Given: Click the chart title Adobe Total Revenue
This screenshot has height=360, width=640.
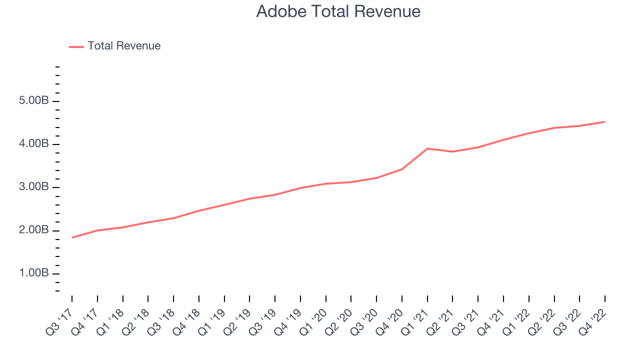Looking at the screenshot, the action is point(338,11).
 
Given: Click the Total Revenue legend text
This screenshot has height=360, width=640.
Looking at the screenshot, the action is point(124,45).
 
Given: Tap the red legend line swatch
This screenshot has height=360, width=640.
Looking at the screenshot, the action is point(76,47).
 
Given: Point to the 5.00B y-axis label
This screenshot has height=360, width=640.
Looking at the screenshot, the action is point(33,100).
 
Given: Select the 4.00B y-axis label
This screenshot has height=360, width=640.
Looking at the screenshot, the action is point(33,143).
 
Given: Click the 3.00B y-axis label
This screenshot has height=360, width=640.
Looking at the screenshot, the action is point(33,187).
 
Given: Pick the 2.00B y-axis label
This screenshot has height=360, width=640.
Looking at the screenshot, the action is point(33,230).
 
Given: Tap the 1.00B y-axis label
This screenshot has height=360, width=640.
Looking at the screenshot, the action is point(33,273).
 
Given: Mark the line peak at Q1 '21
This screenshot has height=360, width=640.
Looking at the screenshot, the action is point(427,148).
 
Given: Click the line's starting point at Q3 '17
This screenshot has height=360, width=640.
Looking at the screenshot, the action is point(72,237).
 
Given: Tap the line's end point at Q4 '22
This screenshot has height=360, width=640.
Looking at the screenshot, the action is point(604,122).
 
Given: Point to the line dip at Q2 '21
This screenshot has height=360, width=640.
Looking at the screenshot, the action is point(452,151).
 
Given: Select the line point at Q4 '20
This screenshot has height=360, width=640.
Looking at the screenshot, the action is point(401,169).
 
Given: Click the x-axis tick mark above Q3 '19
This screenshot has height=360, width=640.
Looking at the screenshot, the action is point(275,298).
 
